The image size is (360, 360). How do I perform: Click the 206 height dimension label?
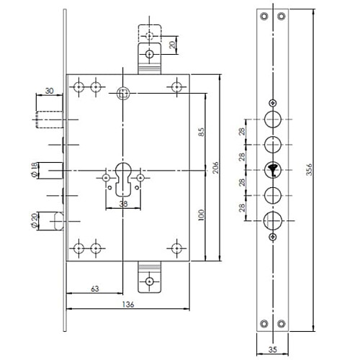click(x=216, y=168)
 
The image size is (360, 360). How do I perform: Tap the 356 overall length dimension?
click(x=310, y=169)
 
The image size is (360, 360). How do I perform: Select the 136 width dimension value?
click(x=128, y=305)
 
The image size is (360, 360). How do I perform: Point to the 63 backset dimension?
click(x=95, y=289)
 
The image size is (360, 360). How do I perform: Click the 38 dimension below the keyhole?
click(x=123, y=204)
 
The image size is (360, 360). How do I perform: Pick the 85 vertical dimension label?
click(x=202, y=132)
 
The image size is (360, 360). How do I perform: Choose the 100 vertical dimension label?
click(x=202, y=215)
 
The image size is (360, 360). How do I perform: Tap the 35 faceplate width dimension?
click(x=273, y=350)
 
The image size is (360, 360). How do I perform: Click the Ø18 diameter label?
click(x=35, y=170)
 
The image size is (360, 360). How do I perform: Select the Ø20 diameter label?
click(x=35, y=220)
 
